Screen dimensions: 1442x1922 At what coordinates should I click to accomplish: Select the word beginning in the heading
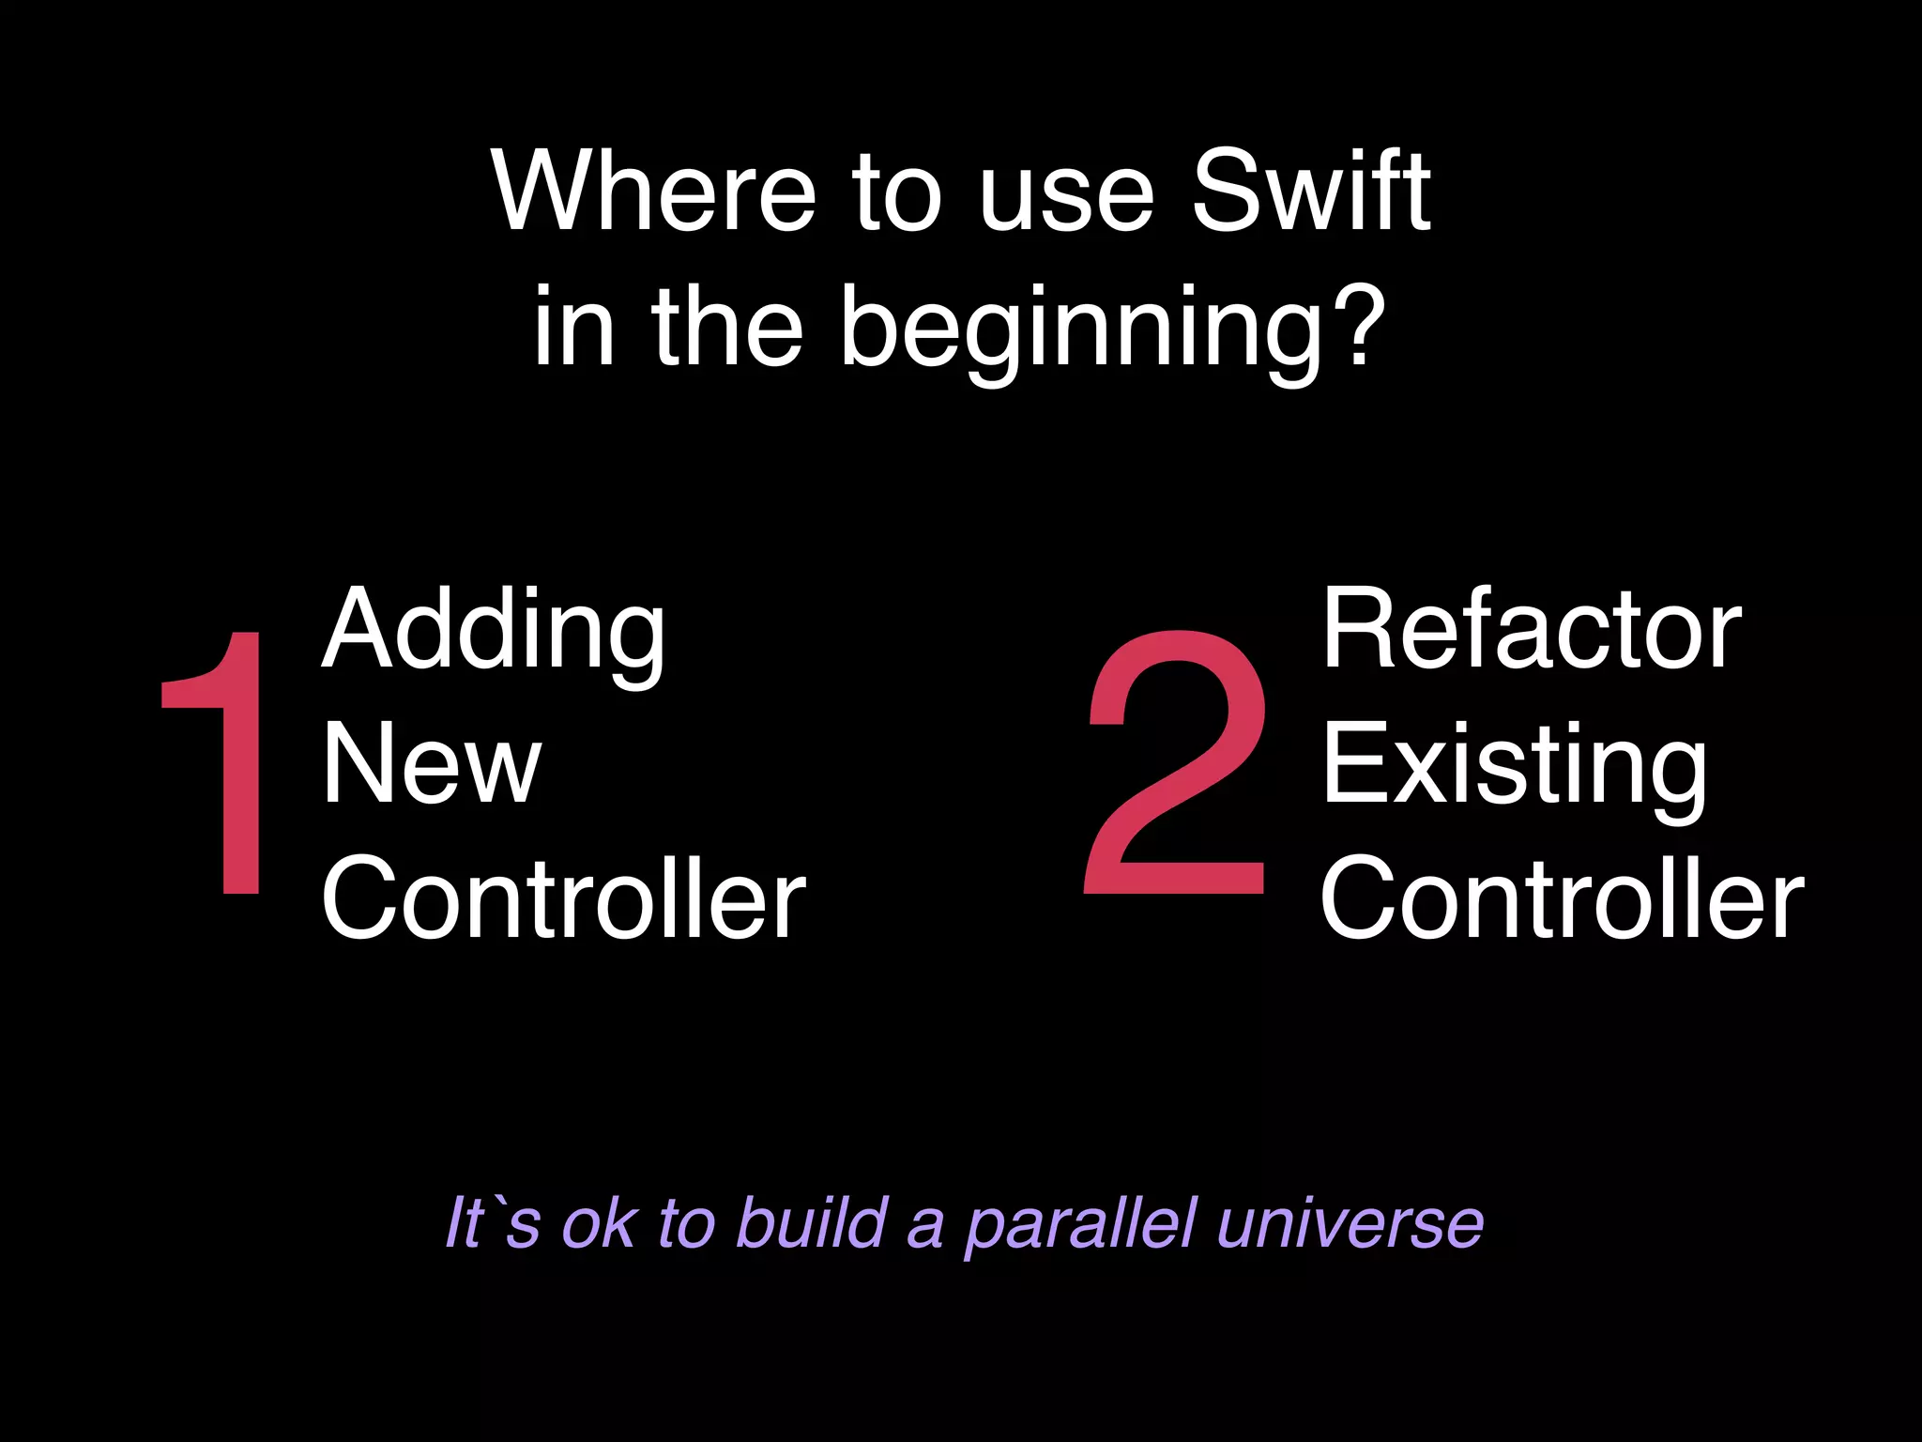pyautogui.click(x=1079, y=330)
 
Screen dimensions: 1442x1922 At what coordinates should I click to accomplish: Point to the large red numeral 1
pyautogui.click(x=218, y=762)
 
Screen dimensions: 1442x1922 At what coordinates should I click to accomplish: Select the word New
pyautogui.click(x=432, y=764)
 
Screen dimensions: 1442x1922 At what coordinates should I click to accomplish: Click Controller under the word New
pyautogui.click(x=563, y=898)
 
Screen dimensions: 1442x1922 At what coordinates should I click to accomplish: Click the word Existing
pyautogui.click(x=1515, y=764)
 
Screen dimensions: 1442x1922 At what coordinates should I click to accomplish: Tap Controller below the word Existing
pyautogui.click(x=1562, y=898)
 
